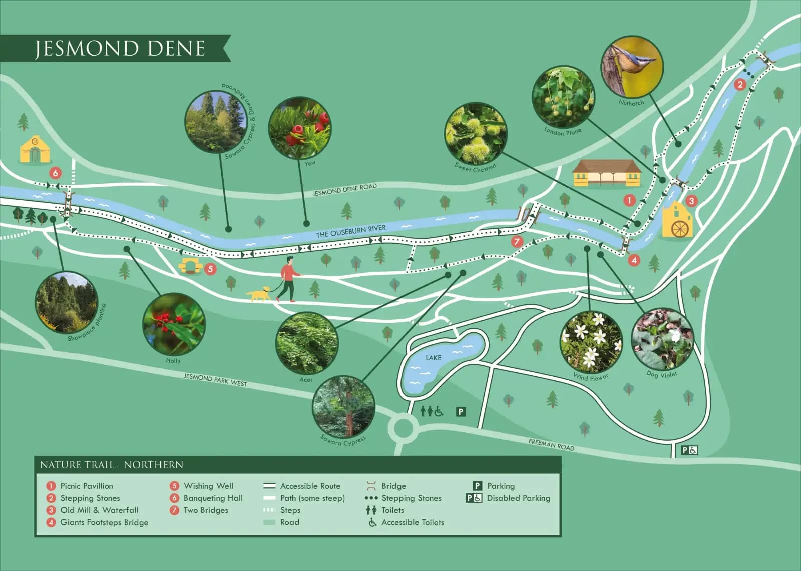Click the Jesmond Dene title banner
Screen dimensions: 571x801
pyautogui.click(x=119, y=48)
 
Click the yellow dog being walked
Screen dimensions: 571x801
pyautogui.click(x=259, y=294)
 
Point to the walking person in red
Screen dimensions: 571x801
pyautogui.click(x=289, y=279)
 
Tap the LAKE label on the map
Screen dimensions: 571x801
pyautogui.click(x=433, y=358)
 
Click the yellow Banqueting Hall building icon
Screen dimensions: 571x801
pyautogui.click(x=35, y=150)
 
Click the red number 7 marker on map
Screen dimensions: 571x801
pyautogui.click(x=517, y=242)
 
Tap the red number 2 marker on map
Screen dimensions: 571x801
pyautogui.click(x=740, y=84)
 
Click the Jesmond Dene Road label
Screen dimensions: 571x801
pyautogui.click(x=344, y=190)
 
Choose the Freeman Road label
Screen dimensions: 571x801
pyautogui.click(x=551, y=444)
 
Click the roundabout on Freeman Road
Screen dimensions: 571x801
pyautogui.click(x=403, y=428)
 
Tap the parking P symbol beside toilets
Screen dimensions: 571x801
pyautogui.click(x=461, y=412)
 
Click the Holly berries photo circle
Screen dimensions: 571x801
pyautogui.click(x=174, y=324)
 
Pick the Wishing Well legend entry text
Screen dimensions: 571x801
pyautogui.click(x=208, y=486)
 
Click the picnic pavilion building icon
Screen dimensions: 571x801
pyautogui.click(x=606, y=173)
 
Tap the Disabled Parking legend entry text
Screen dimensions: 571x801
pyautogui.click(x=518, y=498)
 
